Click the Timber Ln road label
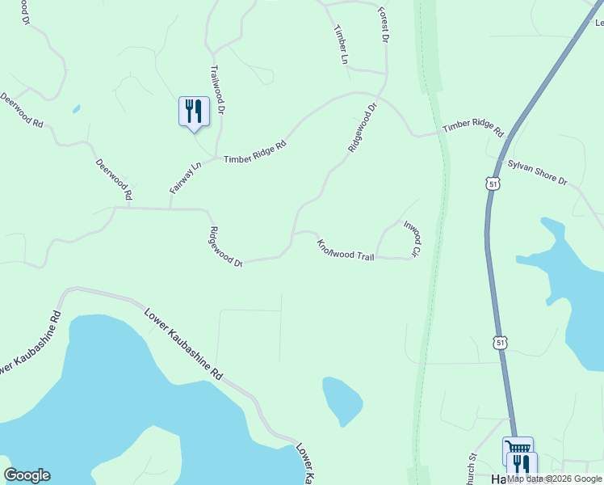tap(341, 44)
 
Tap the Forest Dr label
tap(384, 25)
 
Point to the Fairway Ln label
tap(185, 178)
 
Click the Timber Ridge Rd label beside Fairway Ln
tap(255, 153)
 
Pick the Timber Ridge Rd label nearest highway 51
tap(473, 129)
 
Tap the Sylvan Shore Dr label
tap(538, 171)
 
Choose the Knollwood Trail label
tap(346, 250)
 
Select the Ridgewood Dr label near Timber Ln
tap(363, 128)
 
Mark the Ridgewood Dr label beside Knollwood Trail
tap(226, 247)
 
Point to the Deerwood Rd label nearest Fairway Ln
tap(113, 179)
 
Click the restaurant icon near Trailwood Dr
tap(194, 111)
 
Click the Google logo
tap(27, 475)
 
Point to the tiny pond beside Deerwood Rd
tap(76, 108)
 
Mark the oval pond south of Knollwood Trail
tap(342, 400)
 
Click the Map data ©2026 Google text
tap(553, 479)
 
